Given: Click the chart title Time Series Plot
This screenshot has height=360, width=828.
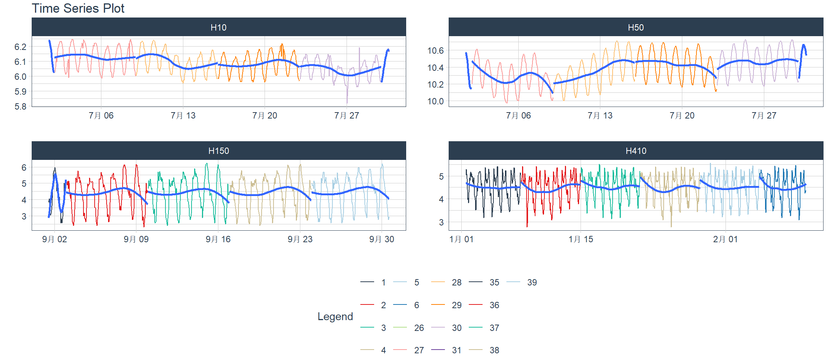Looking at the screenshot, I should click(x=78, y=8).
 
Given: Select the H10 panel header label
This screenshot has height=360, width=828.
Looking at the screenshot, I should click(x=218, y=28).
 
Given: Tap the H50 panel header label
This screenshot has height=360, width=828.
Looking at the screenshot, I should click(x=636, y=28).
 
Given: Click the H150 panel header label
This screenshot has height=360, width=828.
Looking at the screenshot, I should click(x=218, y=151).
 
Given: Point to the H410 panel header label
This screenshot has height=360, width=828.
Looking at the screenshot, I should click(x=636, y=151).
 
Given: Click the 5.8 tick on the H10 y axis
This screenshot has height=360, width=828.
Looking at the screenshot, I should click(x=20, y=107).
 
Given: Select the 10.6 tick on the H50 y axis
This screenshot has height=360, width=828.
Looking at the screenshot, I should click(x=435, y=51).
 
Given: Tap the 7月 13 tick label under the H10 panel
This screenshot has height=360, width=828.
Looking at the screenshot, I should click(x=183, y=116).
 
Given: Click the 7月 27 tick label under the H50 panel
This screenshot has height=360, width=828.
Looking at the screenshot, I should click(x=764, y=116).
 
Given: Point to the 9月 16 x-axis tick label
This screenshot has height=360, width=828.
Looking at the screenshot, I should click(x=218, y=239).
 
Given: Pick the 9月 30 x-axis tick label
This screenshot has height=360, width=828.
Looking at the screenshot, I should click(x=382, y=239).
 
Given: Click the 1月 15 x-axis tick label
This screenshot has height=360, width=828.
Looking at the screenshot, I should click(x=581, y=239).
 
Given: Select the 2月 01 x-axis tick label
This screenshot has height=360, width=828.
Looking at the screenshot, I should click(x=725, y=239).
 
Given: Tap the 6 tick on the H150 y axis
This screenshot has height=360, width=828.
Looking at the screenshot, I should click(x=24, y=168).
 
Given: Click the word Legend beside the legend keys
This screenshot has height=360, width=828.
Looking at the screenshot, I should click(x=335, y=316).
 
